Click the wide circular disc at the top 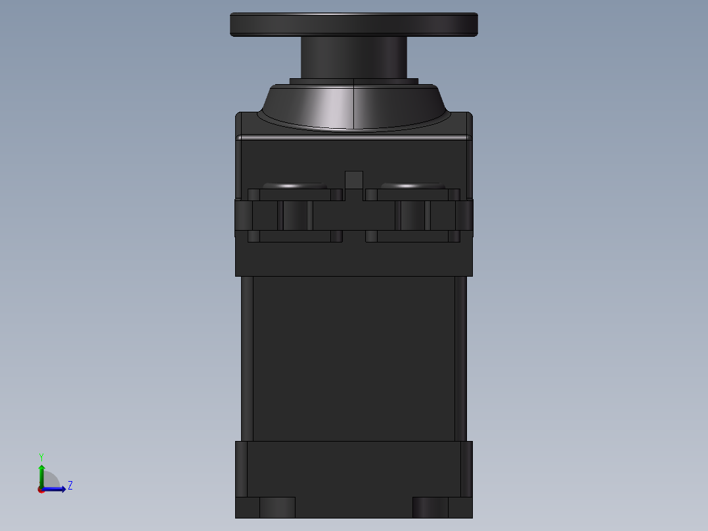coord(353,24)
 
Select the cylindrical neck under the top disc coord(353,58)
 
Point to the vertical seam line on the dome coord(355,105)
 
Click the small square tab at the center coord(354,180)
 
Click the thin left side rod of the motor coord(247,358)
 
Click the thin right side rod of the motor coord(460,358)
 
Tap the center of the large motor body coord(354,358)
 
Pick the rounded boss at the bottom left coord(277,507)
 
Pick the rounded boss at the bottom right coord(430,507)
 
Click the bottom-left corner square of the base coord(248,507)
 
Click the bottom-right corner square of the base coord(460,507)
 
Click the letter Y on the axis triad coord(41,457)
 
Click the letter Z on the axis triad coord(70,486)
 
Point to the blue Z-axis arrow coord(57,489)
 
